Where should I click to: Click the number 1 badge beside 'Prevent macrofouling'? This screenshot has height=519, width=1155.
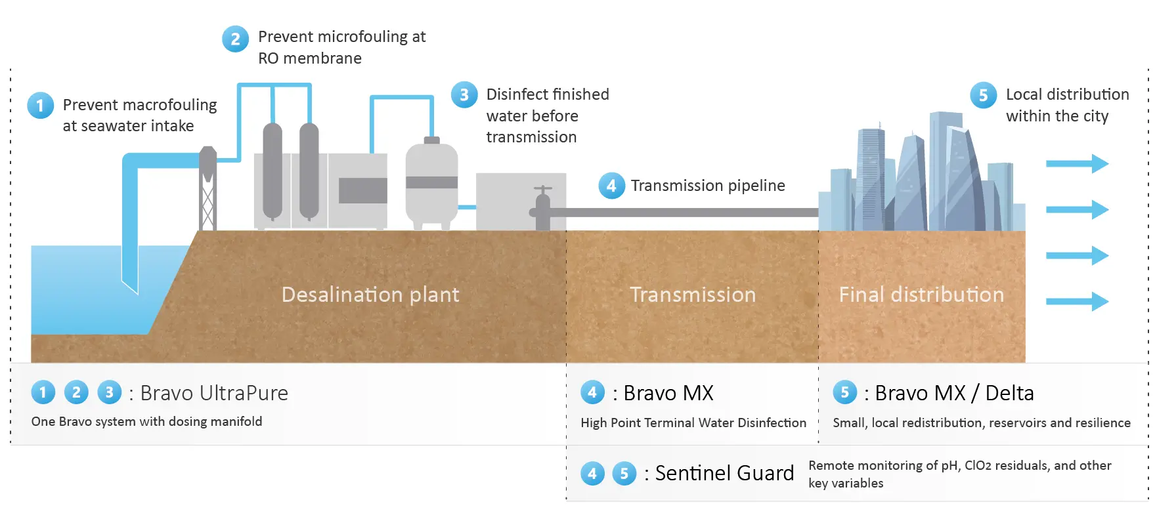click(x=40, y=105)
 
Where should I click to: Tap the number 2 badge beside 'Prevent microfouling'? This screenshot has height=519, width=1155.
click(x=235, y=39)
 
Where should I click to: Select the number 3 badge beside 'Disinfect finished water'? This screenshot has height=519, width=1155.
click(x=464, y=94)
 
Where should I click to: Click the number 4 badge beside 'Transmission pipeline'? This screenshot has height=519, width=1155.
click(x=611, y=186)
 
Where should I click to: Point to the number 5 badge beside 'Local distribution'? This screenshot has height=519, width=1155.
click(x=983, y=95)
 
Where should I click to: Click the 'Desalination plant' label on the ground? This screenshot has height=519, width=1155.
click(x=370, y=295)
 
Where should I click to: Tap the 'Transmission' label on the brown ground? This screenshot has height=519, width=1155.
click(x=693, y=295)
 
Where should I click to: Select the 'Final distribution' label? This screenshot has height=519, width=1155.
click(x=921, y=295)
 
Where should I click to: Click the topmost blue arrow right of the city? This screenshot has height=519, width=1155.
click(x=1077, y=163)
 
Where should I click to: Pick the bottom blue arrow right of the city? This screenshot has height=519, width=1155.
click(x=1077, y=301)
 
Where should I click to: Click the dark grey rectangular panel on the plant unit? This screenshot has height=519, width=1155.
click(x=362, y=190)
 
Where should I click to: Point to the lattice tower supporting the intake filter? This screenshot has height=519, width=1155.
click(x=208, y=203)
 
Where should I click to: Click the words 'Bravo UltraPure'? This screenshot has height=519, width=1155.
click(x=214, y=393)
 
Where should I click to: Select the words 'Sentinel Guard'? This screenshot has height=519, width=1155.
click(x=724, y=473)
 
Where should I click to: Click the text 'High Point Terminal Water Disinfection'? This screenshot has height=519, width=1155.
click(x=693, y=423)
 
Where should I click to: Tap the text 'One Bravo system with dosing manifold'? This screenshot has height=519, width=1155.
click(x=146, y=422)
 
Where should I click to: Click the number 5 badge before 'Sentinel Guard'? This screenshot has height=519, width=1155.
click(x=624, y=473)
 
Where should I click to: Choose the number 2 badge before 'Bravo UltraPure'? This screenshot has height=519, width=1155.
click(x=76, y=392)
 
